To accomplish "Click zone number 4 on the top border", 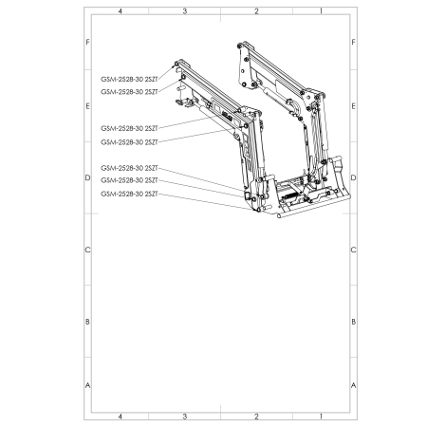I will [x=120, y=10].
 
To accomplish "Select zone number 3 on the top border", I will [x=184, y=10].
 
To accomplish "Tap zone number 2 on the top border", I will [x=256, y=10].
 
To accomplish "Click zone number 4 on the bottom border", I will [x=120, y=417].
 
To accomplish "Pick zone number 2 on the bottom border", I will [x=256, y=417].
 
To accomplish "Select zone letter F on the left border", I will [x=88, y=44].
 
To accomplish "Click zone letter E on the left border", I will [x=88, y=106].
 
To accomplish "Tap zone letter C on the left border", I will [x=88, y=251].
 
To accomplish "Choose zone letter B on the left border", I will [x=88, y=322].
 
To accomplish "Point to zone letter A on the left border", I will [x=88, y=385].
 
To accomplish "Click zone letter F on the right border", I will [x=353, y=44].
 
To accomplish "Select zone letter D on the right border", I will [x=353, y=177].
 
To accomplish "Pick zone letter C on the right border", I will [x=353, y=251].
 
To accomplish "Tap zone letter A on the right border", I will [x=353, y=385].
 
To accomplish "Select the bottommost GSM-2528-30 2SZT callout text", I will [x=128, y=194].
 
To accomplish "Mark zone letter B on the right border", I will [x=353, y=322].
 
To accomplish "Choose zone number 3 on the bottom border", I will [x=184, y=417].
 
